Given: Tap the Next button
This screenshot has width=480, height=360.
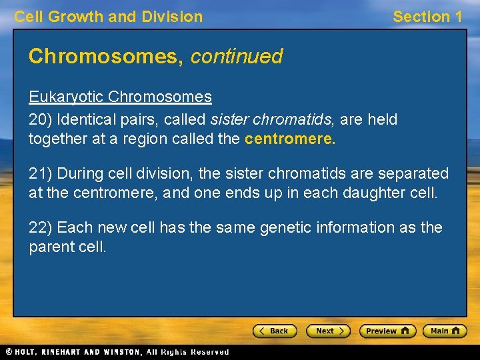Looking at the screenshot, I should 328,331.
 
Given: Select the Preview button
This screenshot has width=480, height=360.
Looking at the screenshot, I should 387,331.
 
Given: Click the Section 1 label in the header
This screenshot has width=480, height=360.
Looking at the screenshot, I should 427,17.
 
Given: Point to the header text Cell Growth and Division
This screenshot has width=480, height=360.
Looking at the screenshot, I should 109,17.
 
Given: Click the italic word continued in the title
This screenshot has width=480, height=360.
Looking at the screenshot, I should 237,56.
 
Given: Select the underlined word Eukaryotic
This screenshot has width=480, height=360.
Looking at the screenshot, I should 66,97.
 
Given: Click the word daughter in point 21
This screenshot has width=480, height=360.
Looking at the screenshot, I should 373,193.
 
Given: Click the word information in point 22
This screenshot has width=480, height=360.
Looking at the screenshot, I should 353,227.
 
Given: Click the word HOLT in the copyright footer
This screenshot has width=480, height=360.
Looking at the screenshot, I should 30,352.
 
